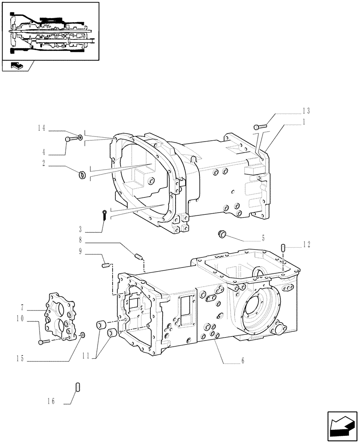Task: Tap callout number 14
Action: click(42, 128)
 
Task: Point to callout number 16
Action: click(52, 401)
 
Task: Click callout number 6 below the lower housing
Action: click(243, 361)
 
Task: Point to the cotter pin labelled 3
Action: click(104, 215)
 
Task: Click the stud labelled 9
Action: click(106, 265)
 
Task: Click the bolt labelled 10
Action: click(42, 342)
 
